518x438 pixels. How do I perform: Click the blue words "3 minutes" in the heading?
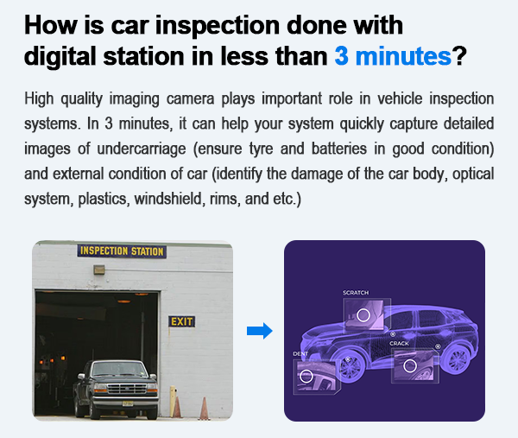pos(393,56)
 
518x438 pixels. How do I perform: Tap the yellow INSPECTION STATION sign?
pos(122,251)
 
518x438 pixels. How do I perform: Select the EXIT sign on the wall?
pos(181,321)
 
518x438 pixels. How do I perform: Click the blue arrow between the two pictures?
pos(260,331)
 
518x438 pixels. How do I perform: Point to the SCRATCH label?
pos(356,293)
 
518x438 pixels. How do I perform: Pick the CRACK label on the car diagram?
pos(399,344)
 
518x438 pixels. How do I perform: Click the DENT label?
pos(300,353)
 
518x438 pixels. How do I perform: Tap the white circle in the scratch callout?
pos(363,315)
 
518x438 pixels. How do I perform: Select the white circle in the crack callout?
pos(410,365)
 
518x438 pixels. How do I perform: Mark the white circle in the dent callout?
pos(306,376)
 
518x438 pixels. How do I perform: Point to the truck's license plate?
pos(128,403)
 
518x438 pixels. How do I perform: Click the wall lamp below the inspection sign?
pos(99,270)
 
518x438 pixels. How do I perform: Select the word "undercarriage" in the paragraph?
pos(142,149)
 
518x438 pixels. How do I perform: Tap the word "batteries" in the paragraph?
pos(339,149)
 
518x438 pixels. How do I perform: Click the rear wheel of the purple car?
pos(457,359)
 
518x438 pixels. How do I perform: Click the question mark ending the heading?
pos(459,55)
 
